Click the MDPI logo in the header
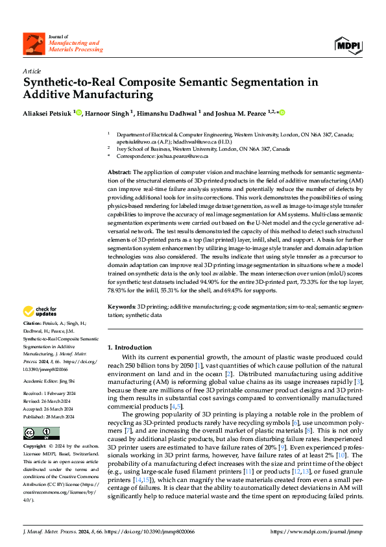tap(348, 45)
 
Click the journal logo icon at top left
tap(32, 45)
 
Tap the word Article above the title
tap(31, 71)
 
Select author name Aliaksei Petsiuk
tap(47, 113)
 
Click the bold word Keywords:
tap(122, 305)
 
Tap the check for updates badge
tap(41, 311)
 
